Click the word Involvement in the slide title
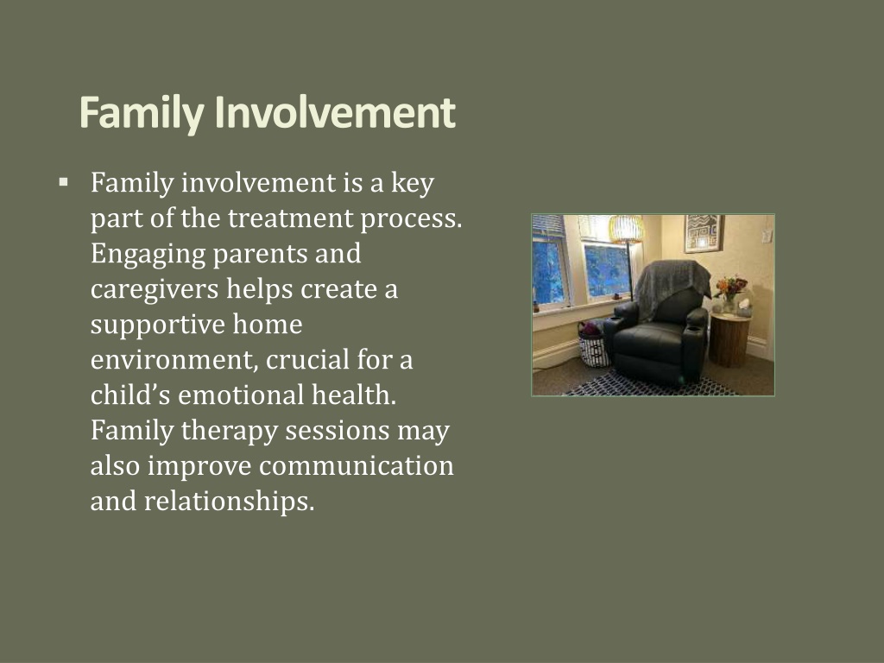pyautogui.click(x=335, y=112)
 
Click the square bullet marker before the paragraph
pyautogui.click(x=63, y=182)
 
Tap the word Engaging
pyautogui.click(x=148, y=255)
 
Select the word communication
pyautogui.click(x=357, y=465)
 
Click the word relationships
pyautogui.click(x=229, y=502)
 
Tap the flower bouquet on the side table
pyautogui.click(x=730, y=287)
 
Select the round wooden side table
pyautogui.click(x=729, y=340)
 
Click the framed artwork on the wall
pyautogui.click(x=703, y=233)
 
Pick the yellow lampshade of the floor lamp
pyautogui.click(x=626, y=229)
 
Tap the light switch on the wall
pyautogui.click(x=767, y=236)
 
